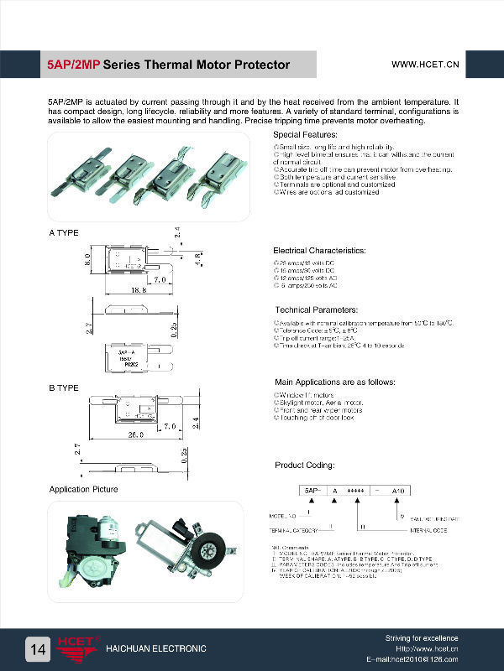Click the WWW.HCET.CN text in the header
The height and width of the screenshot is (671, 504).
coord(425,64)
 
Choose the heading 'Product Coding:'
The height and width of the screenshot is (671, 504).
coord(305,465)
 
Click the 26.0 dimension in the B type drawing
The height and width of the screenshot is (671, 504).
coord(137,435)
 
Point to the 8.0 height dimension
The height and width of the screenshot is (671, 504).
coord(88,262)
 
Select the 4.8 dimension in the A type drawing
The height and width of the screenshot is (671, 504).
coord(199,259)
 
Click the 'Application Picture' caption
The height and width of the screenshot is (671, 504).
coord(83,489)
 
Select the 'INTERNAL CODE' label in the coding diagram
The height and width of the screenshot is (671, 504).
coord(428,531)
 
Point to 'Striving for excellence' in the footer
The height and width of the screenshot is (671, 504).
coord(422,638)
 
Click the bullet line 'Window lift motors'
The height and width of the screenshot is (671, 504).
coord(305,394)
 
